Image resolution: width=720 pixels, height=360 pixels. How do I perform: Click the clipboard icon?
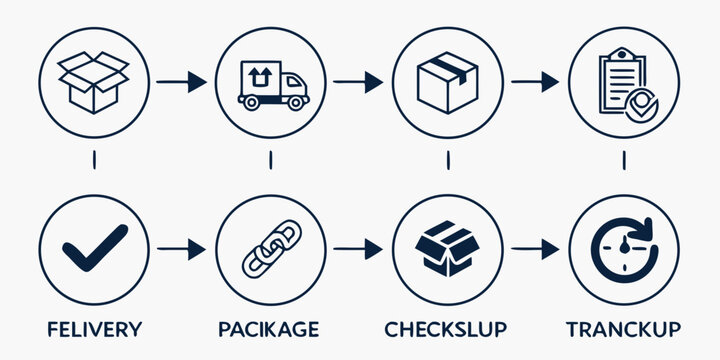pos(623,80)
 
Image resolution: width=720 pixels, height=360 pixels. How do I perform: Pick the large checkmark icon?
pos(94,247)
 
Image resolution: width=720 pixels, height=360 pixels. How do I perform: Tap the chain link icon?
pos(270,248)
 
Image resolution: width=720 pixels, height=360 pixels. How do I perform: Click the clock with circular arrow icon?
pos(623,248)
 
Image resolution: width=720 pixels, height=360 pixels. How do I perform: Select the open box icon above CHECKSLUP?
pos(447,248)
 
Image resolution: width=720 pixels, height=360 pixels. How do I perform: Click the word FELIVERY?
pos(94,329)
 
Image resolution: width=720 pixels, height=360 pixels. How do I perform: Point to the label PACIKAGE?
pos(270,329)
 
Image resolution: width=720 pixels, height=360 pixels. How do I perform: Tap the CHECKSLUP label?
pos(446,329)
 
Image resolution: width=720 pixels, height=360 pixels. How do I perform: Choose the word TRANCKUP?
pos(623,329)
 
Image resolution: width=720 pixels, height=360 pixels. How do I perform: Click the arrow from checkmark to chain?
pos(182,248)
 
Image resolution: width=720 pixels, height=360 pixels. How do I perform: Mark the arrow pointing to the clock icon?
pos(535,248)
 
